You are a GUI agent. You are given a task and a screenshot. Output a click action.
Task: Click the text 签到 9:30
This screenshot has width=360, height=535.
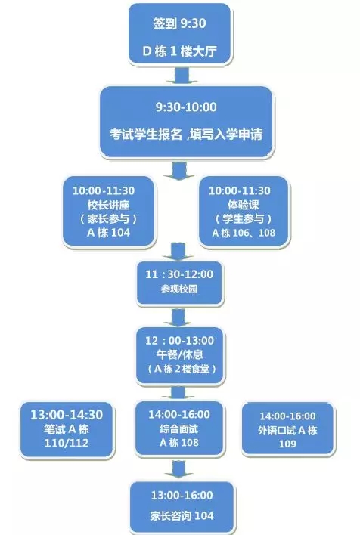(179, 23)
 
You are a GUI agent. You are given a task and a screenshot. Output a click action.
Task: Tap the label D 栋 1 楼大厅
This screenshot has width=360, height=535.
(180, 51)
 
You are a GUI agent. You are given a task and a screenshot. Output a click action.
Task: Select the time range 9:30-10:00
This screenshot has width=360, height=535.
(186, 107)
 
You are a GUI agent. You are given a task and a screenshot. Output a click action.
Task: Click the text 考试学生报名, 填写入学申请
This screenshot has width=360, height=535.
(186, 134)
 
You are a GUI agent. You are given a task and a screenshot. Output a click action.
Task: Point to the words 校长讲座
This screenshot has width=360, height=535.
(108, 205)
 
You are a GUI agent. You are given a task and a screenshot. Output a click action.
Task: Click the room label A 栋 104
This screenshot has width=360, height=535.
(108, 233)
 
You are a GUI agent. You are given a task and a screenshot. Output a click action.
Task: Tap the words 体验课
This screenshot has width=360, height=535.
(244, 205)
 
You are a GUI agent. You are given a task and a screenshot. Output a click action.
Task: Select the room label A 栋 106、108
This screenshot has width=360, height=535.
(244, 233)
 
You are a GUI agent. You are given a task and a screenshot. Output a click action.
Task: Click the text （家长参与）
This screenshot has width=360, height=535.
(108, 218)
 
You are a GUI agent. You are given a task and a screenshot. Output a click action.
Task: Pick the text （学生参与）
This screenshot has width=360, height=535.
(244, 218)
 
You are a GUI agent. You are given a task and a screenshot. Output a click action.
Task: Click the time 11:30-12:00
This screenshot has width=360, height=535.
(179, 274)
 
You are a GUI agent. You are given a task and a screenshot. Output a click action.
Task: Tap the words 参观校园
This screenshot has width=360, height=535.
(179, 289)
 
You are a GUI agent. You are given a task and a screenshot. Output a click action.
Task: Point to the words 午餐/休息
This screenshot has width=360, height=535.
(180, 354)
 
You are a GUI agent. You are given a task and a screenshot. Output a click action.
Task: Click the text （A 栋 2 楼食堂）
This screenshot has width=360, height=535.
(182, 369)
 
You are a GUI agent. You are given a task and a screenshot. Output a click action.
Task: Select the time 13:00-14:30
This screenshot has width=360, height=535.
(67, 415)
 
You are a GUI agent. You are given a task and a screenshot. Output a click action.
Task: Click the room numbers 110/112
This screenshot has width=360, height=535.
(67, 443)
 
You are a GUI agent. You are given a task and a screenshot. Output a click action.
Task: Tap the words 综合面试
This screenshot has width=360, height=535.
(179, 429)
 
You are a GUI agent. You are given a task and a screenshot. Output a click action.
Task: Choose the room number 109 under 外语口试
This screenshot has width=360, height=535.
(287, 444)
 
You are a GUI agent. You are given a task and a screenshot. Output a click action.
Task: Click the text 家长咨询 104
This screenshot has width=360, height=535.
(182, 515)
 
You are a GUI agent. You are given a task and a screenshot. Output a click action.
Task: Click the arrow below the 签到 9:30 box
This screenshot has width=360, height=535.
(182, 76)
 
